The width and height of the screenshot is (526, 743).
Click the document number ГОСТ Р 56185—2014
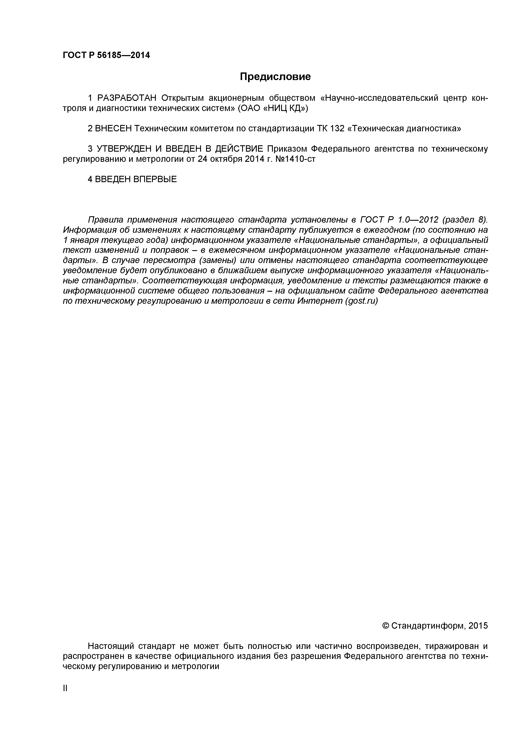point(106,55)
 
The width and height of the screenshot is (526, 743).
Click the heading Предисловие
point(275,77)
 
